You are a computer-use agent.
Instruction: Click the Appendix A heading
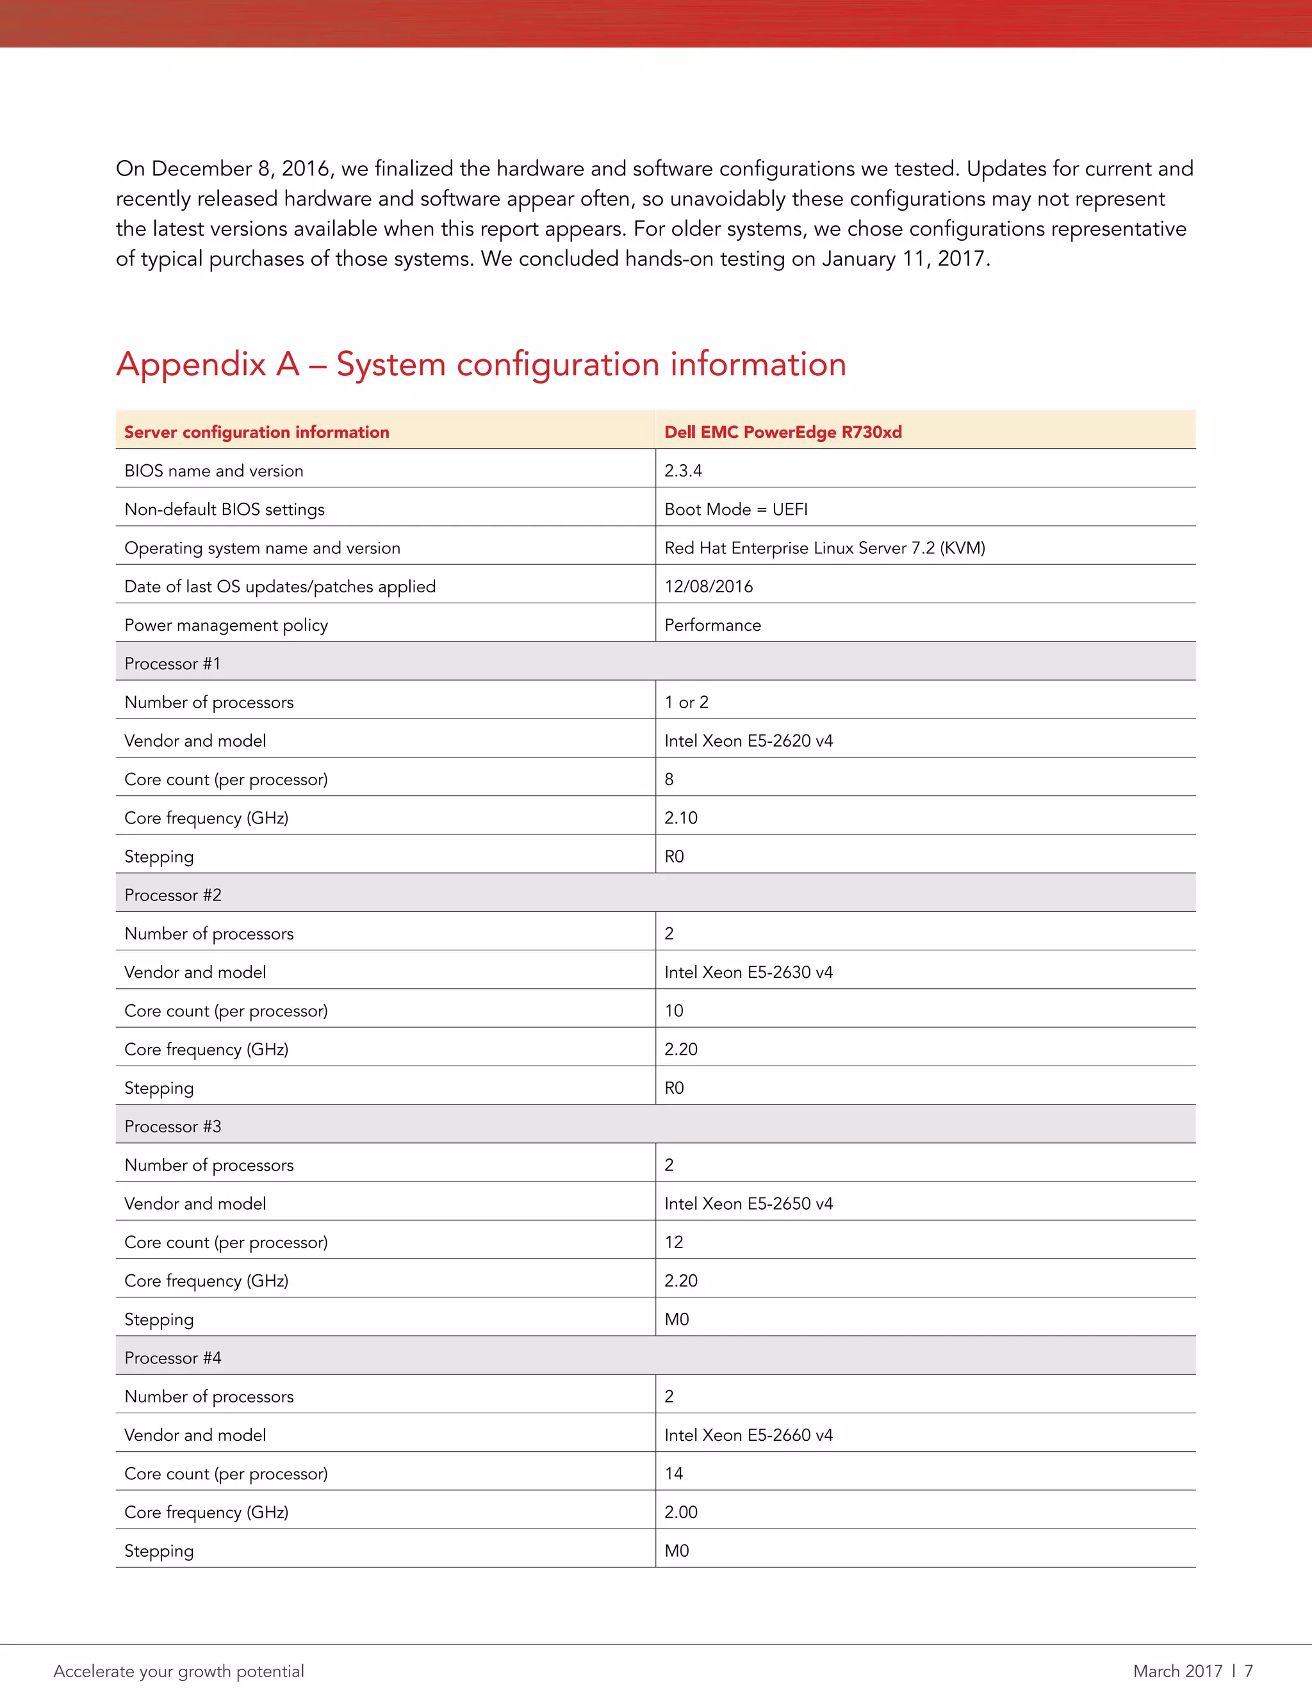tap(481, 364)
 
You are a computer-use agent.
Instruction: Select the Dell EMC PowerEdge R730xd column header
tap(783, 432)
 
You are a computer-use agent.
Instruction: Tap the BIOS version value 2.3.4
tap(683, 471)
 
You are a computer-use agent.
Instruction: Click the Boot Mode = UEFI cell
tap(736, 510)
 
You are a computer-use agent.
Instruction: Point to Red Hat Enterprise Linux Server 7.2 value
tap(824, 548)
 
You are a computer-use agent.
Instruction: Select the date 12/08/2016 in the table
tap(708, 587)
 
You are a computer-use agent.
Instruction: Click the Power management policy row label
tap(226, 626)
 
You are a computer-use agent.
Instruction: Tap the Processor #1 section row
tap(172, 663)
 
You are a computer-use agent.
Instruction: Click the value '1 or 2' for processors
tap(686, 702)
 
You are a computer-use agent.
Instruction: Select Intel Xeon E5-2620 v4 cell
tap(748, 742)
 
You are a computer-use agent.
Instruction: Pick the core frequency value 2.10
tap(681, 818)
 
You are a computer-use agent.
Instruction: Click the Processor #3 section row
tap(172, 1126)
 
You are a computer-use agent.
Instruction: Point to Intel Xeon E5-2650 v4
tap(748, 1204)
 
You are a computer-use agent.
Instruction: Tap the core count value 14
tap(674, 1474)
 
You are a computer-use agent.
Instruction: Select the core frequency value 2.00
tap(681, 1512)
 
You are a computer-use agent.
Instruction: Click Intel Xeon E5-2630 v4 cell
tap(748, 972)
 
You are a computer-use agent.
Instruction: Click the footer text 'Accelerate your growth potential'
tap(179, 1671)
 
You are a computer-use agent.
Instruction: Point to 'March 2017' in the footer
tap(1177, 1671)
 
